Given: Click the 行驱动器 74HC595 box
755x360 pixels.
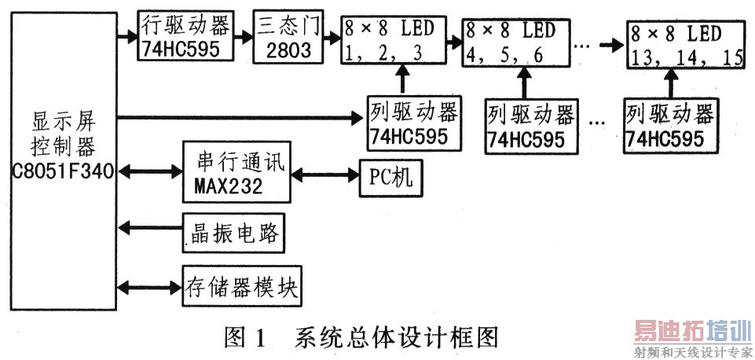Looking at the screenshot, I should (x=185, y=36).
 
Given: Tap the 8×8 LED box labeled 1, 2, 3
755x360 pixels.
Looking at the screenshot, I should (x=389, y=41).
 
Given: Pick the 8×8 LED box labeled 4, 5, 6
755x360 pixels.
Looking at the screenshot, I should (x=511, y=42).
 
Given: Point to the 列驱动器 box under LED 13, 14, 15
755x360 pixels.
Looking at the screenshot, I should (x=670, y=125).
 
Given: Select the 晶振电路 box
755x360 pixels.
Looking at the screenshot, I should (x=233, y=233).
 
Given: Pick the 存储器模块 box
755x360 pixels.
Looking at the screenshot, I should (x=240, y=287).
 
